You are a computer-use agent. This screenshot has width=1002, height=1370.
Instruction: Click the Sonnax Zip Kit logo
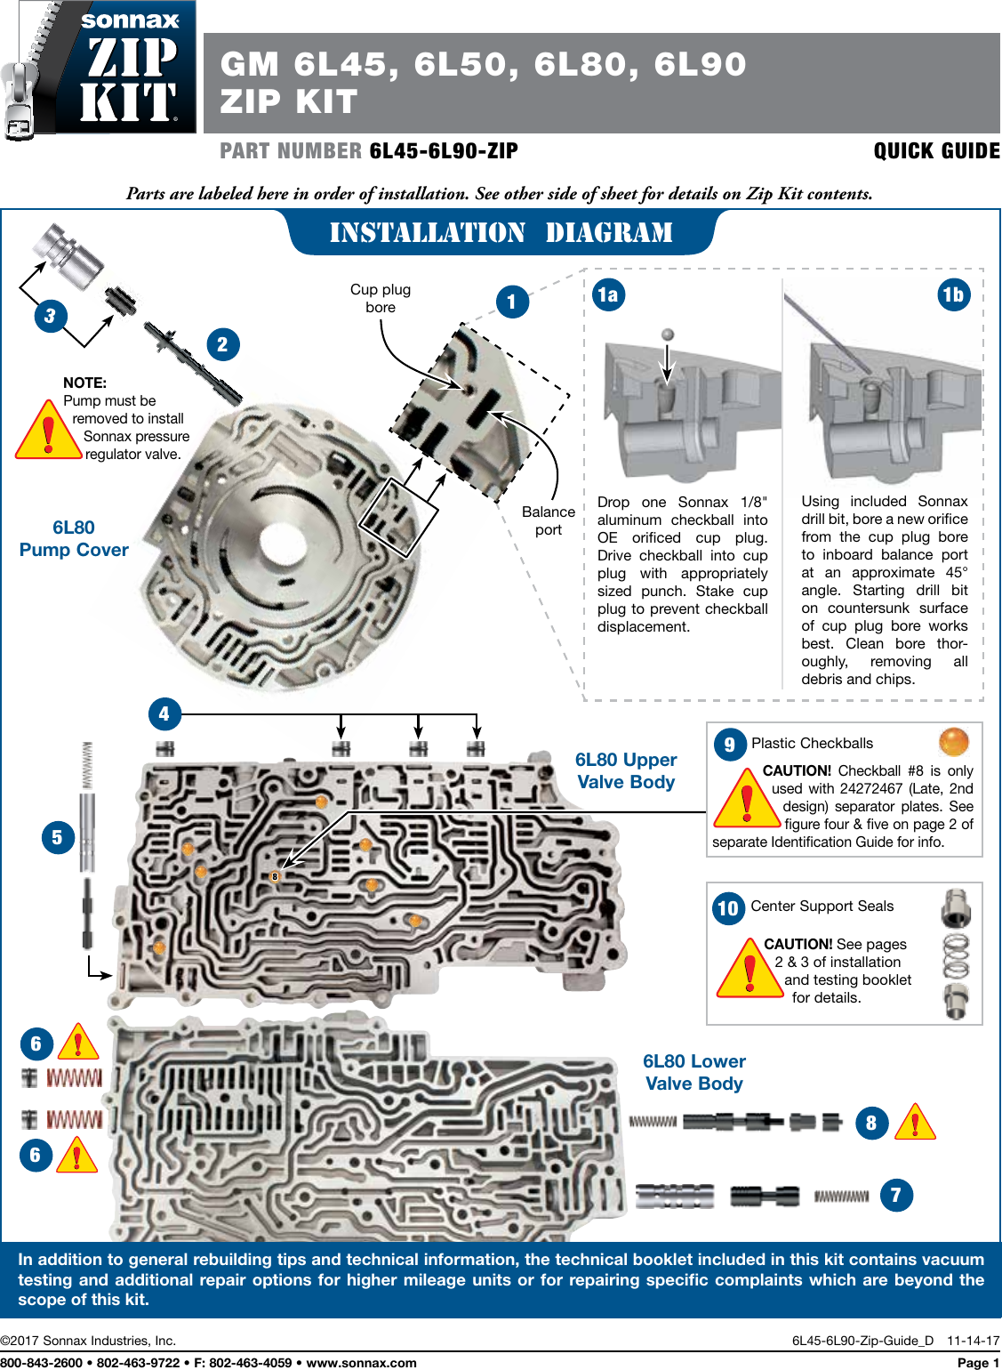click(x=100, y=68)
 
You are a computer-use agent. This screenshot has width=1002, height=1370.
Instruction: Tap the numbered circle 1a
click(x=608, y=294)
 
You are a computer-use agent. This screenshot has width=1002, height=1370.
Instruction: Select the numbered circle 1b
click(x=953, y=294)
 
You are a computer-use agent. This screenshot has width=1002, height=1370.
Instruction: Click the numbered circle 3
click(x=51, y=316)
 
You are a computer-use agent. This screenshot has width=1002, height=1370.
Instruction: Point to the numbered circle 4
click(x=164, y=713)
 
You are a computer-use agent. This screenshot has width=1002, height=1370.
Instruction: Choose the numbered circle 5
click(x=58, y=837)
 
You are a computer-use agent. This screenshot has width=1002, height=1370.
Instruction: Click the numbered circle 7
click(x=896, y=1195)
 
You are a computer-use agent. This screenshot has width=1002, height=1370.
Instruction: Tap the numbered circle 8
click(x=871, y=1124)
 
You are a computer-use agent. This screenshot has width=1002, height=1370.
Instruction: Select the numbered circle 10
click(x=728, y=908)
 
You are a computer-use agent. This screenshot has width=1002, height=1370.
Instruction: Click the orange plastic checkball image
click(x=954, y=741)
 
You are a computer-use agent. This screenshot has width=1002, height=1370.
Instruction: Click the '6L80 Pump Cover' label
click(x=74, y=539)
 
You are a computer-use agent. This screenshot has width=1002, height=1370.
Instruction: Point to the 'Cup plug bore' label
click(x=381, y=298)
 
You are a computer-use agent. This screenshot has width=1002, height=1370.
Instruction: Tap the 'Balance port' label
click(x=549, y=520)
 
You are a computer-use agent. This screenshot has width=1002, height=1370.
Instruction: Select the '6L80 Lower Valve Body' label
click(x=694, y=1072)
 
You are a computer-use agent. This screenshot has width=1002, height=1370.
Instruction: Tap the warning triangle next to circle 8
click(x=915, y=1124)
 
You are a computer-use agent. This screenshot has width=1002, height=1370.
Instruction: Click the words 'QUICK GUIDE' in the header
click(x=936, y=151)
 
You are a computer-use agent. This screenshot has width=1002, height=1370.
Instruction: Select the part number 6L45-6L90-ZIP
click(x=444, y=151)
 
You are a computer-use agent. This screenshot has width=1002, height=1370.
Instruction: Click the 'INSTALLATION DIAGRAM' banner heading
click(x=501, y=233)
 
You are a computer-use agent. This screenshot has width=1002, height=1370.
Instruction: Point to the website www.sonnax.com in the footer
click(x=361, y=1362)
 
